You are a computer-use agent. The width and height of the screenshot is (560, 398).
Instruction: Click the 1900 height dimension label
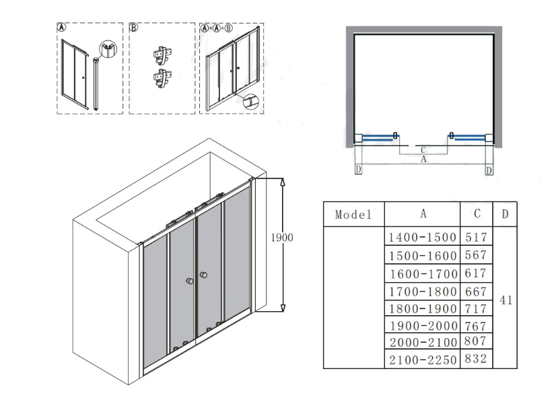(282, 238)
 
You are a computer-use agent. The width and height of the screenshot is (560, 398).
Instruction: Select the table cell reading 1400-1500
(422, 237)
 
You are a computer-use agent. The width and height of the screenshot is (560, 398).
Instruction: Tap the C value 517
(476, 237)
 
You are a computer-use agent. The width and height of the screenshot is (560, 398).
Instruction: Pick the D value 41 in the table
(505, 300)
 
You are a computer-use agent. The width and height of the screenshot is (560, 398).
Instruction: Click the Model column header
(353, 214)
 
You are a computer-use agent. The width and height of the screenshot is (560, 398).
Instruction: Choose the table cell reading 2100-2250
(423, 360)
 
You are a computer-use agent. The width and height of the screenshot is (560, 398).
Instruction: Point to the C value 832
(476, 359)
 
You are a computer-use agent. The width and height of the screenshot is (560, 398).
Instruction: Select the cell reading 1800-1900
(423, 308)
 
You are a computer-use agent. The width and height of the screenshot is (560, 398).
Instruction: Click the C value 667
(476, 292)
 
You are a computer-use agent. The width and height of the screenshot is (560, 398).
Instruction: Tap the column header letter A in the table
(423, 213)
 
